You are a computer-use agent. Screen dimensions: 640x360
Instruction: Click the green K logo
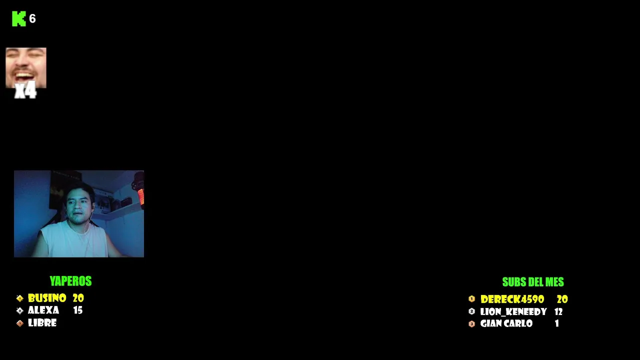click(19, 19)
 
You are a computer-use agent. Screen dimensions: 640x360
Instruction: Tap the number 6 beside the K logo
click(32, 19)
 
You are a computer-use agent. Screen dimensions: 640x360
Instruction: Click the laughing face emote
click(25, 67)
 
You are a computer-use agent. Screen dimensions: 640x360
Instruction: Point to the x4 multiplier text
click(25, 90)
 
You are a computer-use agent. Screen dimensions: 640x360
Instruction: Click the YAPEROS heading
click(70, 281)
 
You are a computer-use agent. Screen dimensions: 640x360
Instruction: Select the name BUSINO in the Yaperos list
click(47, 298)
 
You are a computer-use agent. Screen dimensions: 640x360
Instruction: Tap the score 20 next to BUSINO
click(78, 298)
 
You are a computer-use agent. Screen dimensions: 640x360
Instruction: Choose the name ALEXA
click(43, 310)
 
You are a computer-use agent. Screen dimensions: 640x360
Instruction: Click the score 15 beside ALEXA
click(77, 310)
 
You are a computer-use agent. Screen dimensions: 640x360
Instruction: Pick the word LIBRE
click(42, 323)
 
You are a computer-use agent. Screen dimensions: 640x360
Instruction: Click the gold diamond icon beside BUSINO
click(19, 298)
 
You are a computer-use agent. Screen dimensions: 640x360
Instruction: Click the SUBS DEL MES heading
click(533, 282)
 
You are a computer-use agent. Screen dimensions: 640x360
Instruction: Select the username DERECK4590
click(512, 299)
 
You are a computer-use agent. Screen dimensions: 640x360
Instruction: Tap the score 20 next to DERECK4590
click(562, 299)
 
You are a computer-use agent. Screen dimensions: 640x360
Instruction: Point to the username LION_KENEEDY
click(513, 311)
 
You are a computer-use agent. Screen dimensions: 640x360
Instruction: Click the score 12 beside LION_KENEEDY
click(558, 311)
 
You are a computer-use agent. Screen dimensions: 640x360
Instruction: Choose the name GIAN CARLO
click(506, 323)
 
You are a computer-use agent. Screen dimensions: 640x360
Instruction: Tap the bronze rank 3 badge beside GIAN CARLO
click(471, 324)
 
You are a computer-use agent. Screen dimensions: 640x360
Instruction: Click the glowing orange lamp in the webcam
click(141, 196)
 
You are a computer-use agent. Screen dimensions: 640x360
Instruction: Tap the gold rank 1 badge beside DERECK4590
click(471, 299)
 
